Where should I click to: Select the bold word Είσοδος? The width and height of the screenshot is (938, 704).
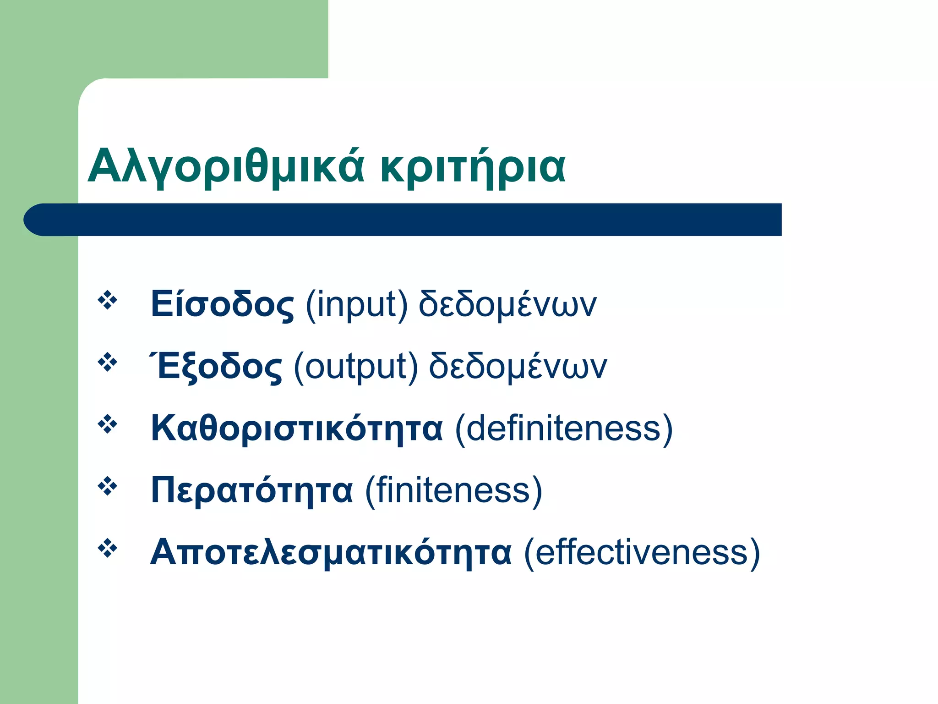coord(222,304)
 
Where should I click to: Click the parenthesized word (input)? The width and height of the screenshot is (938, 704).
coord(356,305)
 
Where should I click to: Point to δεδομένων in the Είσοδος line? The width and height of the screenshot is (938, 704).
coord(507,305)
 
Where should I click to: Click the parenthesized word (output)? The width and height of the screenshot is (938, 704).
coord(356,367)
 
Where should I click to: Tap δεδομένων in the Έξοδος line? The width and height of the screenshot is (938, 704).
coord(518,367)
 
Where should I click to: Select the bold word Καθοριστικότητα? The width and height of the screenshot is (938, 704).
coord(297,428)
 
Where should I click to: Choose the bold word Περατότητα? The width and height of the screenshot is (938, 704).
coord(252,490)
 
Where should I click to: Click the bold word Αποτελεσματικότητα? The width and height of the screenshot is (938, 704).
coord(331,552)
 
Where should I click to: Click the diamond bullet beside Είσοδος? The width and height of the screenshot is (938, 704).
coord(108,301)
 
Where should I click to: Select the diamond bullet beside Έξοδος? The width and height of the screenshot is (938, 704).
coord(108,363)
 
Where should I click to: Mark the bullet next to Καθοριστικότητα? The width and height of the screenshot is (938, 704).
coord(108,424)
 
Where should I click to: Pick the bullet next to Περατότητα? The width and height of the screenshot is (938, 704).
coord(108,486)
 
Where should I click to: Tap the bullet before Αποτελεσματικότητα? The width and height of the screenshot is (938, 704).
coord(108,548)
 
